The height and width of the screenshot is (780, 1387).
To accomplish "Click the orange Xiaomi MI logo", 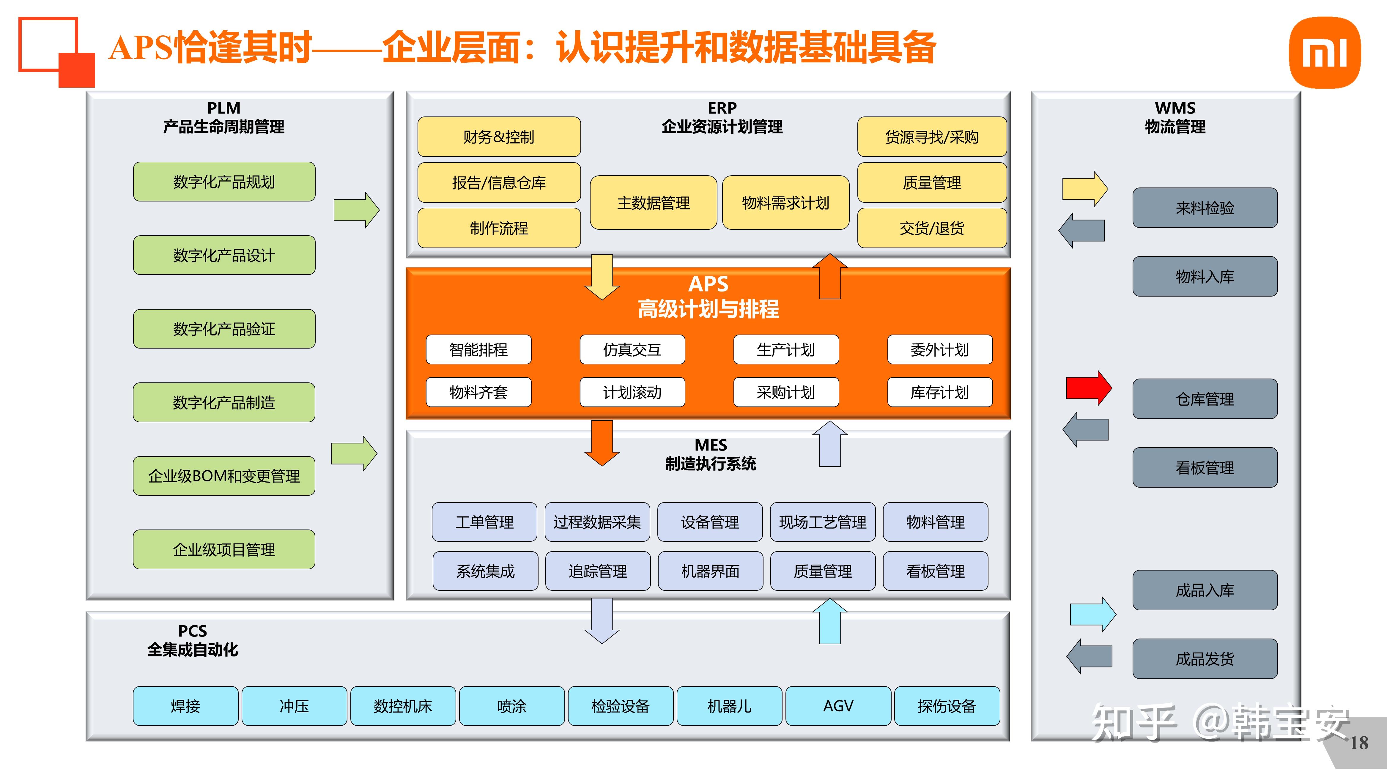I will (1325, 52).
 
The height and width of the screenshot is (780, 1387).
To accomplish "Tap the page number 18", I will (1358, 743).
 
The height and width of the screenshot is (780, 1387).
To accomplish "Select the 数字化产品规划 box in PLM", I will (224, 182).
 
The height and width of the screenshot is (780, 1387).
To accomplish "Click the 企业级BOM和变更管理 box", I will (224, 476).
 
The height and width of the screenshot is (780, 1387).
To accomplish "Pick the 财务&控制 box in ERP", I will (499, 137).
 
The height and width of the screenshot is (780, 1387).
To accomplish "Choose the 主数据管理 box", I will (653, 203).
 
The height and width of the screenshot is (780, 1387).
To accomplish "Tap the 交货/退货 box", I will (931, 228).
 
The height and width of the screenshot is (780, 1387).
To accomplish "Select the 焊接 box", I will (185, 706).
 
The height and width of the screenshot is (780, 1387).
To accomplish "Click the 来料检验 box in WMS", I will (1205, 208).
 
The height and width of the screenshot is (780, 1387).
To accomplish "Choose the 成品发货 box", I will (1205, 659).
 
